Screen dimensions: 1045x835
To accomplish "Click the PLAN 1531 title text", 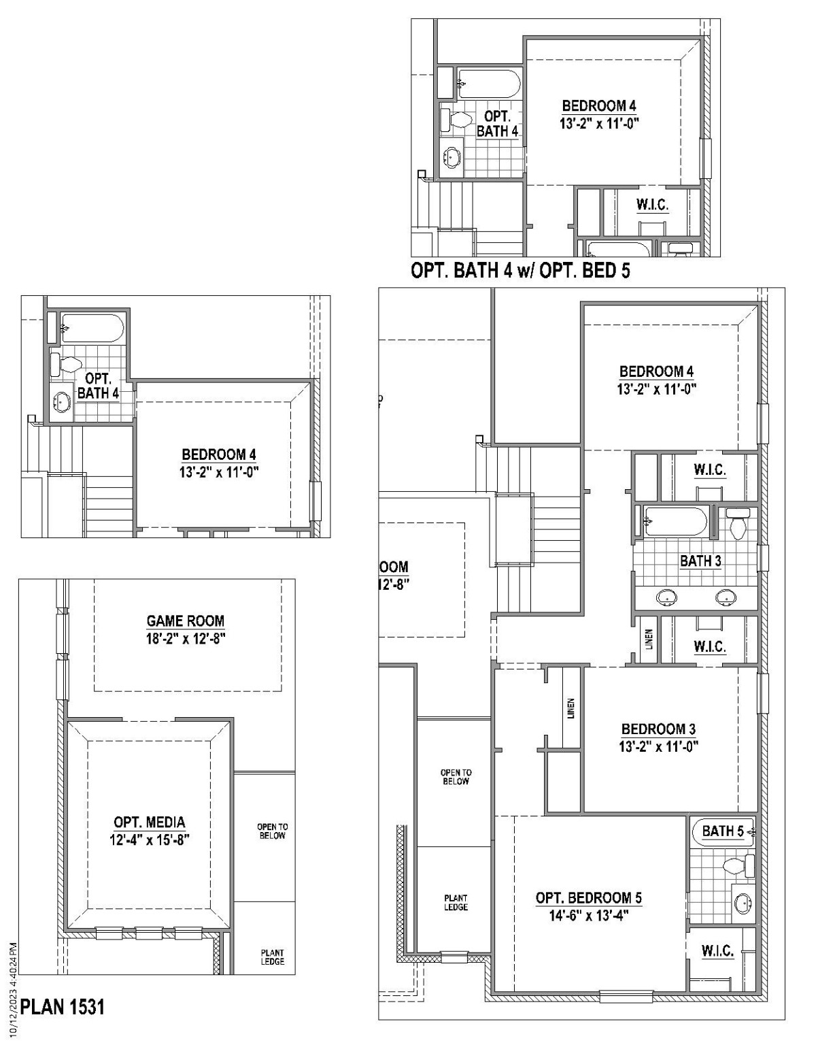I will (63, 1006).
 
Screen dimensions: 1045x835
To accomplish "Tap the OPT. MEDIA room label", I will (149, 823).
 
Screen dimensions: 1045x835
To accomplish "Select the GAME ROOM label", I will (185, 620).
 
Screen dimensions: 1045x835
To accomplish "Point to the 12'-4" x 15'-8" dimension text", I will (149, 840).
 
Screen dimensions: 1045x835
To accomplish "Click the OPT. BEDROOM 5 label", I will (588, 898).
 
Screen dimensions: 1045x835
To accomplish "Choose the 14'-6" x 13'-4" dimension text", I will (588, 916).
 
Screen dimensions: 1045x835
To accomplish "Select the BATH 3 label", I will (700, 561).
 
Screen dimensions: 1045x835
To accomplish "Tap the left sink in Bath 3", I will (666, 598).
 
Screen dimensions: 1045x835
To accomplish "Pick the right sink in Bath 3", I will (726, 598).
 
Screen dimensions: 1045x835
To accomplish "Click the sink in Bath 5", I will (743, 903).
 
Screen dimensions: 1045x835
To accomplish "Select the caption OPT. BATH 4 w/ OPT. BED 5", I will (520, 271).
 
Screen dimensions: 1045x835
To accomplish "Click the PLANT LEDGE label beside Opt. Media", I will (272, 957).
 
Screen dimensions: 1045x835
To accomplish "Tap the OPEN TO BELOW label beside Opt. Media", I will (272, 831).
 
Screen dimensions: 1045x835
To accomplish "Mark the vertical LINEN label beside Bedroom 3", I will (571, 709).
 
